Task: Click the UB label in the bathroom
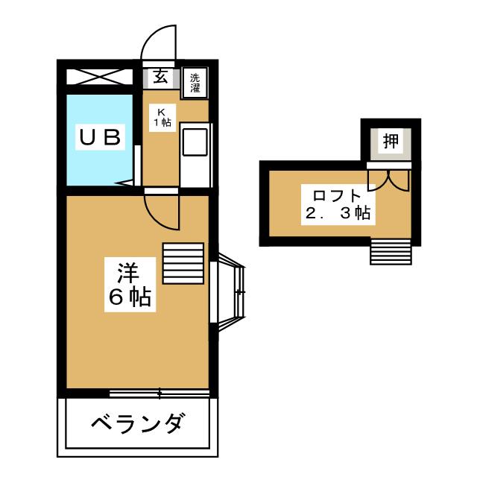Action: coord(100,137)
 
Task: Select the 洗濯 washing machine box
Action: coord(195,83)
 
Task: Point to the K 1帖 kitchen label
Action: coord(162,118)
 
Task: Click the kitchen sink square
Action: coord(195,142)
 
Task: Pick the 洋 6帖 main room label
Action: coord(130,285)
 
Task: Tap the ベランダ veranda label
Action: coord(138,423)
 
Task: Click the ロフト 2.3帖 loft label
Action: coord(338,205)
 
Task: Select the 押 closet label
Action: coord(391,141)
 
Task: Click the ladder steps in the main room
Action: coord(183,263)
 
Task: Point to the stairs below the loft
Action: coord(391,252)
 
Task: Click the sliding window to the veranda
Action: coord(159,394)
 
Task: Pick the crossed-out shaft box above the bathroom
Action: coord(99,77)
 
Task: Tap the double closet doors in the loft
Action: coord(388,181)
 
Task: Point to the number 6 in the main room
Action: coord(116,297)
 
